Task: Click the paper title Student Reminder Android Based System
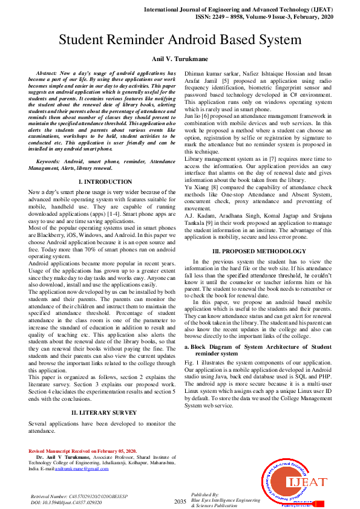[x=180, y=41]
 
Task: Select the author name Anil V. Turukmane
[x=180, y=59]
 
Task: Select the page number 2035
[x=180, y=502]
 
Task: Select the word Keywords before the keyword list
[x=51, y=163]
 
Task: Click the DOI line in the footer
[x=58, y=502]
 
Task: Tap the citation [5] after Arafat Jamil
[x=225, y=79]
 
